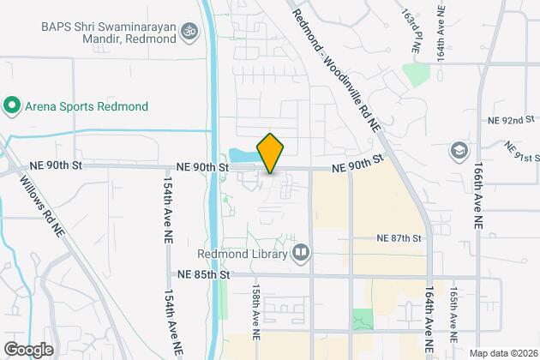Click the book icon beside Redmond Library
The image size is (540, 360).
(301, 252)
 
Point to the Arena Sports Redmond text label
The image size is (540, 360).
(86, 106)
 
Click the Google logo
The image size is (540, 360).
(28, 350)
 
